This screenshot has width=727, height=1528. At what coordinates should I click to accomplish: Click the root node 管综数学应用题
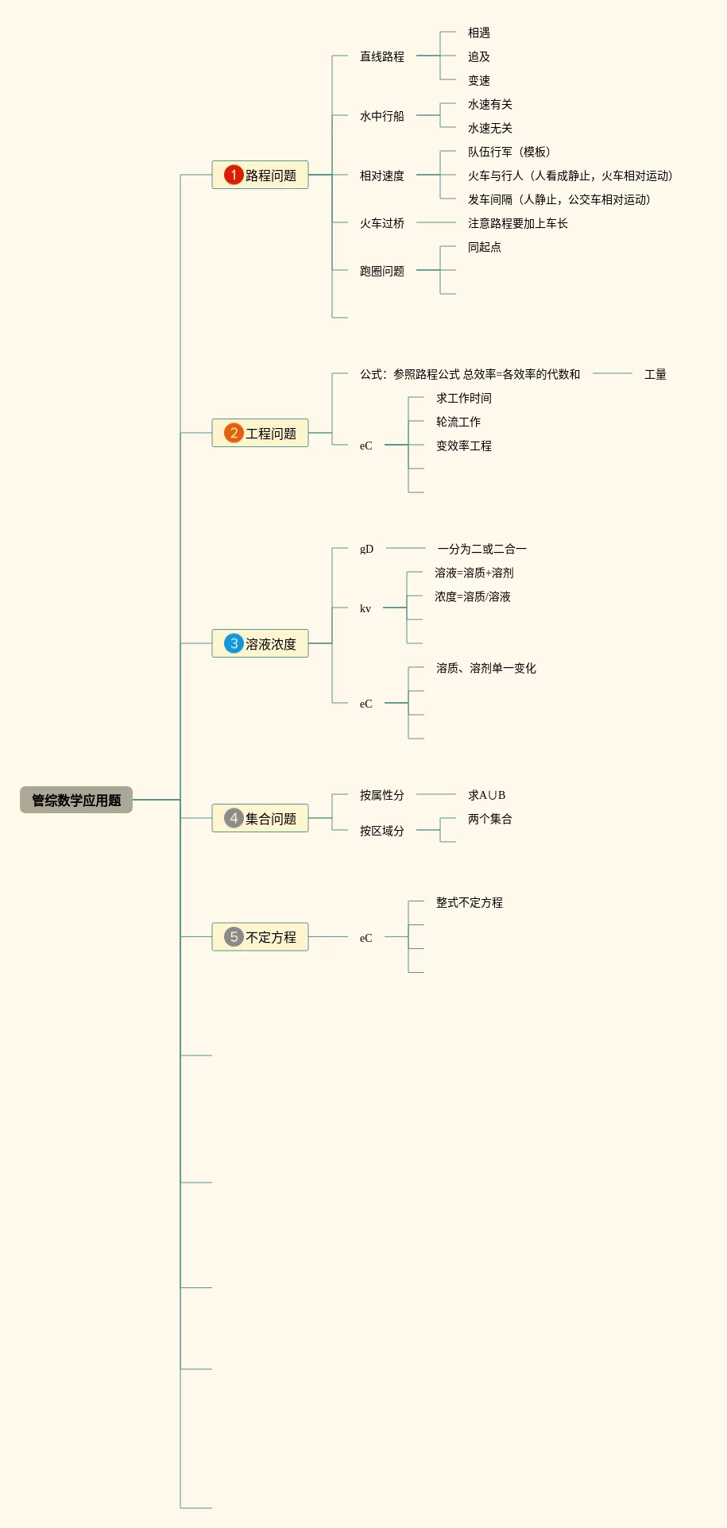(x=76, y=800)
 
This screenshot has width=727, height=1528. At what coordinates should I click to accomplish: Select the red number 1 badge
(x=233, y=175)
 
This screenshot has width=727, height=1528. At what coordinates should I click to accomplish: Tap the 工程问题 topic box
(x=260, y=433)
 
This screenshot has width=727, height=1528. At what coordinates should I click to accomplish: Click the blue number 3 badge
(x=233, y=643)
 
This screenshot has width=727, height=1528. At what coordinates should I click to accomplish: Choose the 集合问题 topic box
(x=260, y=818)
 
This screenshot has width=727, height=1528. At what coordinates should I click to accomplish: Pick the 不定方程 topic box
(x=260, y=937)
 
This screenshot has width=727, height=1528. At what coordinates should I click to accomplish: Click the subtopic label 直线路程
(x=381, y=56)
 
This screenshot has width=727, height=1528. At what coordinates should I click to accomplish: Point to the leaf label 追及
(x=478, y=56)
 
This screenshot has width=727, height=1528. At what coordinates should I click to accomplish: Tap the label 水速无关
(x=489, y=128)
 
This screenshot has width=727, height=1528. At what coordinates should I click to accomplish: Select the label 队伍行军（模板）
(x=509, y=152)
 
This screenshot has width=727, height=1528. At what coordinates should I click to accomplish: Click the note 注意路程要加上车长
(x=517, y=223)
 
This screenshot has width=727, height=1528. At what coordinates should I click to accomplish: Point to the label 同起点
(x=484, y=247)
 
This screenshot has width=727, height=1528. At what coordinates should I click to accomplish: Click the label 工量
(x=655, y=374)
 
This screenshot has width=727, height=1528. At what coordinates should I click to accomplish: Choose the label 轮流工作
(x=458, y=422)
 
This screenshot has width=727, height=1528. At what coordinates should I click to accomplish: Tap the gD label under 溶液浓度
(x=366, y=549)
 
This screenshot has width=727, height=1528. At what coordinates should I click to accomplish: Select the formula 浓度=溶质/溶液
(x=472, y=596)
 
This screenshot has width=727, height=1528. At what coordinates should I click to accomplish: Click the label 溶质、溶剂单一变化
(x=485, y=668)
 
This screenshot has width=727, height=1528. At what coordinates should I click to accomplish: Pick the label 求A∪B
(x=486, y=795)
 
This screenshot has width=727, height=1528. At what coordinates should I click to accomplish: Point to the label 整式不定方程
(x=469, y=902)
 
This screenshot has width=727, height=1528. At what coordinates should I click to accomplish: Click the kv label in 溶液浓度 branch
(x=365, y=608)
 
